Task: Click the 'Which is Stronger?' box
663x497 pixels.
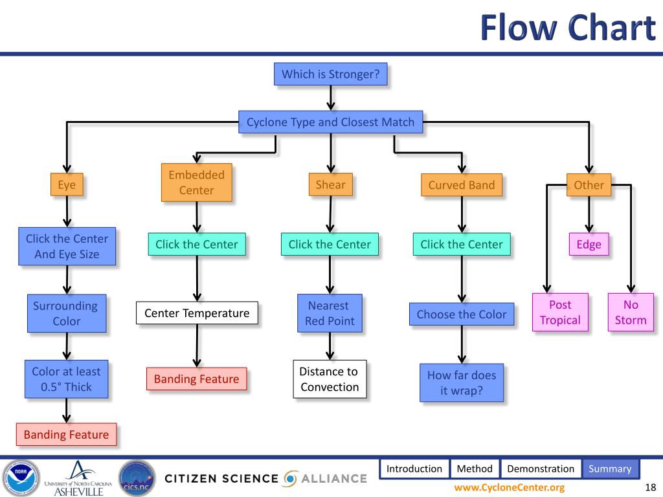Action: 331,74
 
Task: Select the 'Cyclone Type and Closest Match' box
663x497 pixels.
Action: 331,122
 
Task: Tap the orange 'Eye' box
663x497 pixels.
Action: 67,184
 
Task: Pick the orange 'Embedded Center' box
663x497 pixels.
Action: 197,182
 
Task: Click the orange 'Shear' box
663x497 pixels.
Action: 331,184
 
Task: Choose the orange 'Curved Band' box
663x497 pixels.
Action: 462,184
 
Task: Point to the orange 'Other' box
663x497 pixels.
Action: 589,184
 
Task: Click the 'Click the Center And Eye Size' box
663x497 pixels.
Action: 67,247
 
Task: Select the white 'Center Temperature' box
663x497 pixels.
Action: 197,313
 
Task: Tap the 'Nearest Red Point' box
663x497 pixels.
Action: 330,313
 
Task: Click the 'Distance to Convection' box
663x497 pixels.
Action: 330,379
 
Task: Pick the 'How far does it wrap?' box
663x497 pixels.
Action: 462,383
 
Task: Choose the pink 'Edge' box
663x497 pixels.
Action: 589,244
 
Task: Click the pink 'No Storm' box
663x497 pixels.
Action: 631,313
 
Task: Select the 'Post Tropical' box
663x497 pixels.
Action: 560,313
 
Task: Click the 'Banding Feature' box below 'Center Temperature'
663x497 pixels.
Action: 197,379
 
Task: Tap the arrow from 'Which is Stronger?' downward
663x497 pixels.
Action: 331,98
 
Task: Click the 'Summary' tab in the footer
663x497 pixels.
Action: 610,469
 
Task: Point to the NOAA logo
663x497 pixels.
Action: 21,478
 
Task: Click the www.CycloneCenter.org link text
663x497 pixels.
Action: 510,487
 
